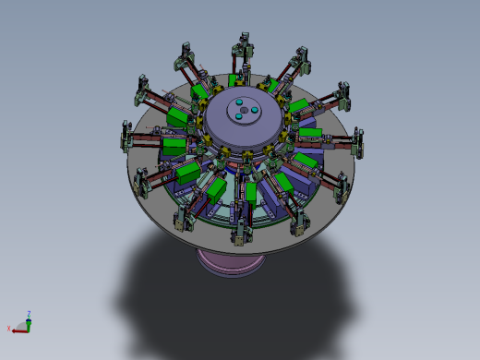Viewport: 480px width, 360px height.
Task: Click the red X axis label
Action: pos(9,330)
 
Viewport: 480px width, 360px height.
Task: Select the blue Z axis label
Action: pos(30,314)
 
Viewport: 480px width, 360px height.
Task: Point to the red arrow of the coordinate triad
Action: pos(18,328)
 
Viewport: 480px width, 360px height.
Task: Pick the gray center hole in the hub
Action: pos(243,113)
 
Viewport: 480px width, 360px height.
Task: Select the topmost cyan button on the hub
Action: pos(238,102)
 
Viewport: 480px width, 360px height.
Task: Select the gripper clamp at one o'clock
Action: pos(300,57)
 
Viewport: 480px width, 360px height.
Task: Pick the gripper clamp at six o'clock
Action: pos(241,234)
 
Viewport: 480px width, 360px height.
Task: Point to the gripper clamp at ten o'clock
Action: pos(143,88)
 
